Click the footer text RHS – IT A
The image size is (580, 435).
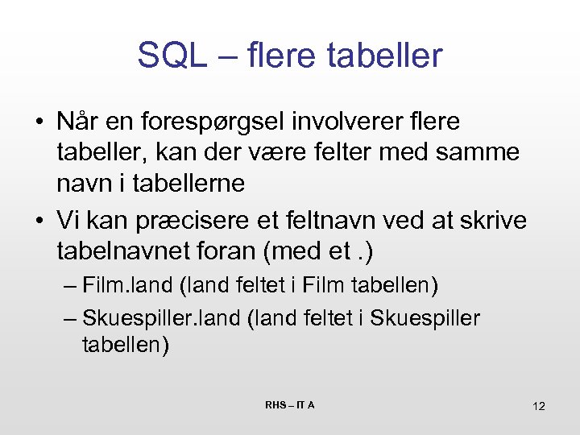pyautogui.click(x=290, y=404)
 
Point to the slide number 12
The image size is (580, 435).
pyautogui.click(x=539, y=406)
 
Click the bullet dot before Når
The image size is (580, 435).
pyautogui.click(x=39, y=122)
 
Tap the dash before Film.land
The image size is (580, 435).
pyautogui.click(x=69, y=286)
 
